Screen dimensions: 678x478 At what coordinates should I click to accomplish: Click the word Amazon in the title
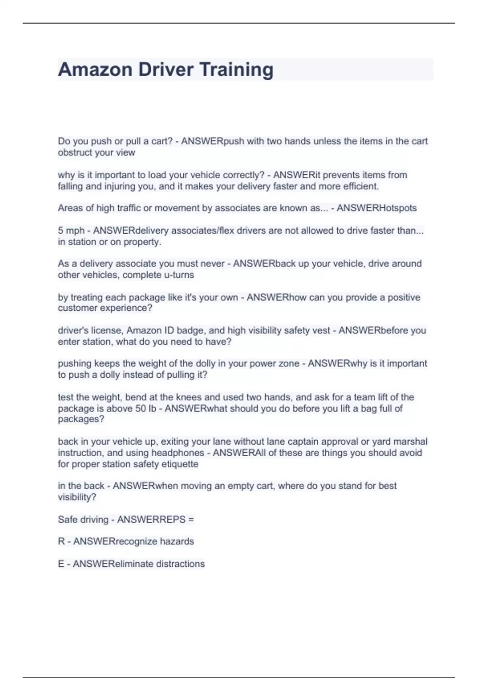[95, 69]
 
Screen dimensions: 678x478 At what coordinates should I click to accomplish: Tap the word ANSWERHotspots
[376, 208]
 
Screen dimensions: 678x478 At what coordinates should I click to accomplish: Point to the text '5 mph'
[71, 231]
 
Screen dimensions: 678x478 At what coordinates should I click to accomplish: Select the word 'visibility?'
[77, 497]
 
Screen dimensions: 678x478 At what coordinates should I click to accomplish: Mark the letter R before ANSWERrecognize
[61, 541]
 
